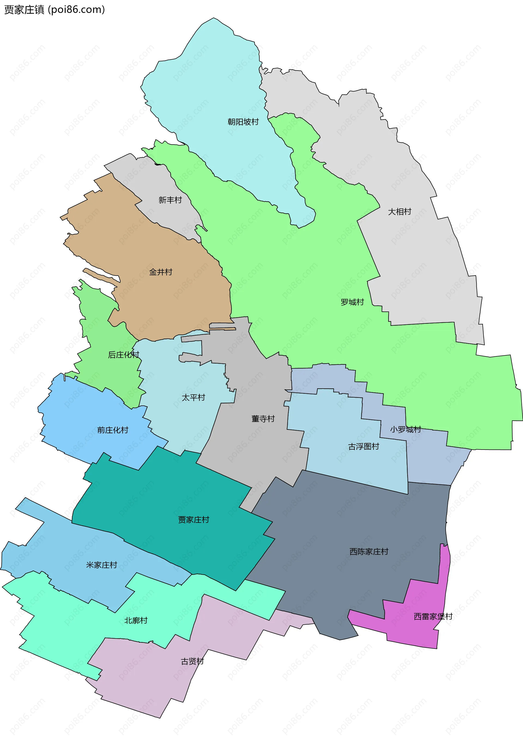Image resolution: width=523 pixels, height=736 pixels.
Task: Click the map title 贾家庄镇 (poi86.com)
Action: point(54,10)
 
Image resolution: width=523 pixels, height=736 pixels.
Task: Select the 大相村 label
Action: point(399,212)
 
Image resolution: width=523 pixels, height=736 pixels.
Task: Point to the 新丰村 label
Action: point(170,200)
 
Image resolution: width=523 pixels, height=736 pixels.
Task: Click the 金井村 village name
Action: point(160,272)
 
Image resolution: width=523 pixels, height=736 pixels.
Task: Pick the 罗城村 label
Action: point(352,302)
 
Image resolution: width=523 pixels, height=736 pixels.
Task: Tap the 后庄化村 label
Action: point(123,355)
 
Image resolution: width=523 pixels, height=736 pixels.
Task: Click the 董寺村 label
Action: point(263,419)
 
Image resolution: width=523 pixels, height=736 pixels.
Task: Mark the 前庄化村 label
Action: point(113,430)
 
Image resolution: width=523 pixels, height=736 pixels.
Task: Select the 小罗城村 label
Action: point(405,429)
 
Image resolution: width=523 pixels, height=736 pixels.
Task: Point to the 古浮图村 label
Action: point(364,446)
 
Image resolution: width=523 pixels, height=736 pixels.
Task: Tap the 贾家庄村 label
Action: point(194,519)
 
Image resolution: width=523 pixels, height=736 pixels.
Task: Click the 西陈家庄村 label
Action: point(369,551)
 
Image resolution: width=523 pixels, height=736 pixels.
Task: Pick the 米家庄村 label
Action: point(101,565)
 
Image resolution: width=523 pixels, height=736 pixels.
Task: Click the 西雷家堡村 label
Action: point(433,616)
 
